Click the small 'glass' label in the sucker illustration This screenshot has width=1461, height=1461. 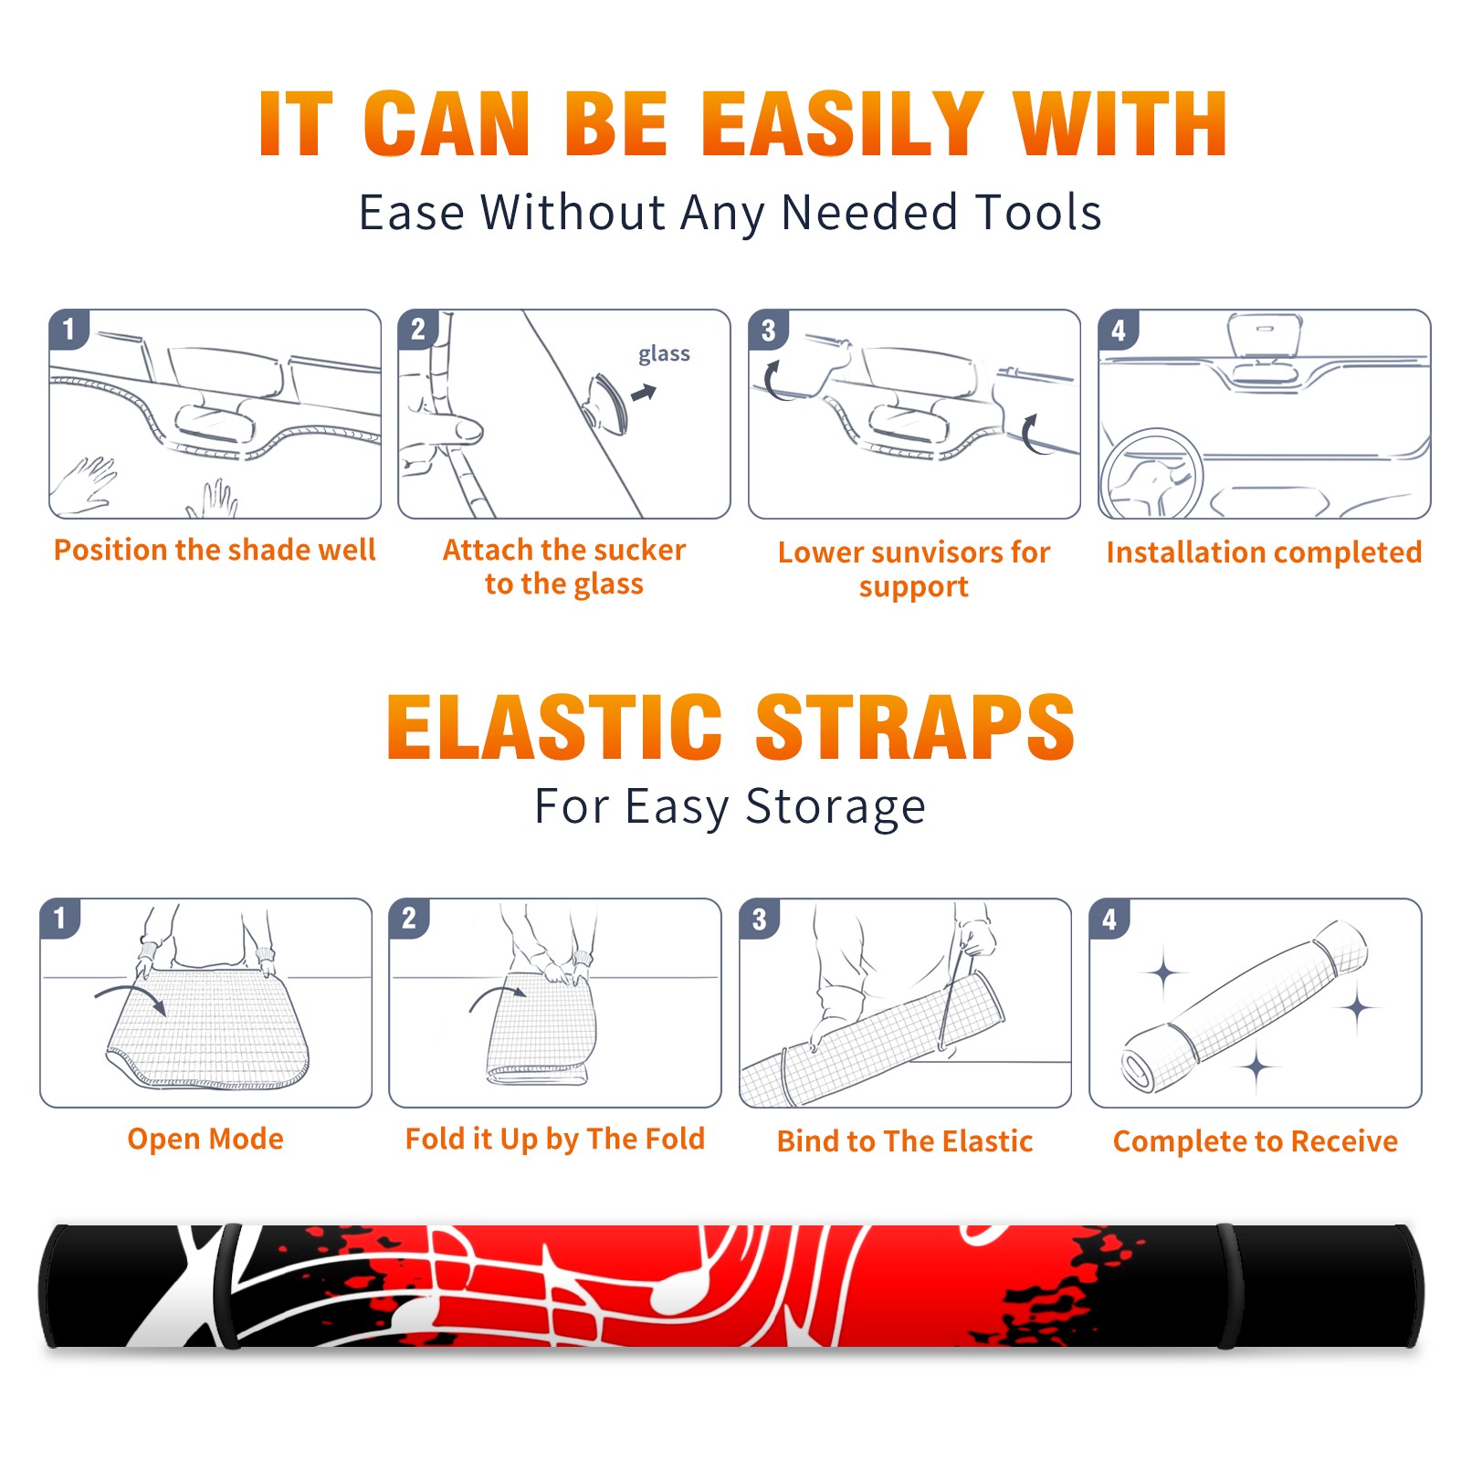coord(664,354)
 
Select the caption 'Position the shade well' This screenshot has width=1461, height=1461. coord(215,550)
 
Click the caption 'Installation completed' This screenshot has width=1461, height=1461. coord(1264,552)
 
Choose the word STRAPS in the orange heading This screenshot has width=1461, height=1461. coord(915,727)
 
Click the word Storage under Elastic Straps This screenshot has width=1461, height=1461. coord(836,807)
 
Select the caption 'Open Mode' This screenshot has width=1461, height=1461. coord(205,1139)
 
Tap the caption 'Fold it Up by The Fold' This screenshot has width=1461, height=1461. coord(555,1139)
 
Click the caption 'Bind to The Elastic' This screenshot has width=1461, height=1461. coord(905,1141)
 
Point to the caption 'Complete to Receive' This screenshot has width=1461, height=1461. coord(1256,1141)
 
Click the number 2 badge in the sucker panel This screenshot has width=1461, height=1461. coord(418,329)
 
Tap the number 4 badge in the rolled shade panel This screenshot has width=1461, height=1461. coord(1109,919)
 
